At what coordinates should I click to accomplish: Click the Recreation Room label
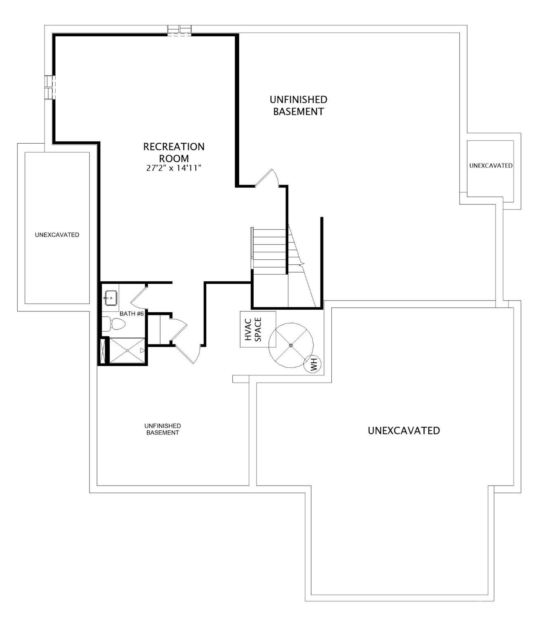click(x=174, y=152)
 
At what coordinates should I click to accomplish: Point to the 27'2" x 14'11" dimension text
click(x=174, y=168)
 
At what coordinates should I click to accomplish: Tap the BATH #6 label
click(x=132, y=314)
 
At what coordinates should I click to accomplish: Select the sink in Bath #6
click(x=111, y=298)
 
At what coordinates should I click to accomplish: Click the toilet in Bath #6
click(x=114, y=324)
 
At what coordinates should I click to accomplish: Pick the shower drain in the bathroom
click(x=127, y=350)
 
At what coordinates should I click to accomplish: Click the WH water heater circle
click(x=313, y=364)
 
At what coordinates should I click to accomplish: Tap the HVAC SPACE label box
click(x=258, y=329)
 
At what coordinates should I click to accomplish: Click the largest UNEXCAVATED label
click(x=403, y=430)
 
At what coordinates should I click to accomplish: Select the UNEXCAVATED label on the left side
click(x=57, y=235)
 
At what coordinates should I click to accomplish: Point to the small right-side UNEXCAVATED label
click(x=491, y=166)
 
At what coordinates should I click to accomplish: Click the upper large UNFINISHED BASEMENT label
click(x=298, y=105)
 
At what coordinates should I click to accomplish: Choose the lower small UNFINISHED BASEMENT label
click(x=163, y=429)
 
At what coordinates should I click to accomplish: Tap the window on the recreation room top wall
click(x=179, y=31)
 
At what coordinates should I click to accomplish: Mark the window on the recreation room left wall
click(x=50, y=87)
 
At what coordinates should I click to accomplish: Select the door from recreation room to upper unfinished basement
click(x=267, y=178)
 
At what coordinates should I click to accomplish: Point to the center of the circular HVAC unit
click(x=291, y=345)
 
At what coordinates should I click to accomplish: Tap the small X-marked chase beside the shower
click(x=104, y=351)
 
